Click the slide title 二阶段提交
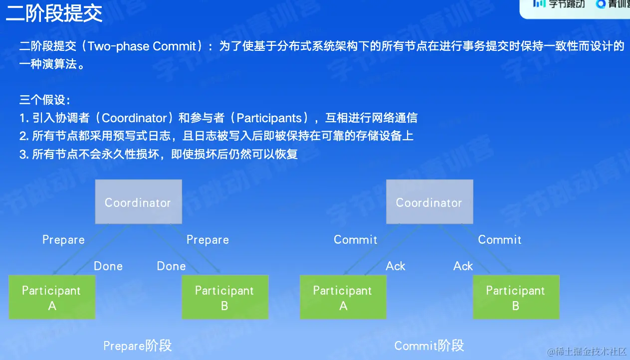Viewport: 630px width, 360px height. (x=54, y=13)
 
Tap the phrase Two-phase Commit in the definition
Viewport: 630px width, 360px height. (x=142, y=46)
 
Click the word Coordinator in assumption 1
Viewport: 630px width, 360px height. (x=135, y=118)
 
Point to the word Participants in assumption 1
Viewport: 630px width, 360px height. (x=269, y=118)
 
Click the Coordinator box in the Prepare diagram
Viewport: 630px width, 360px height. (x=138, y=202)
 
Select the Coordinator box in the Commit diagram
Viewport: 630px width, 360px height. (x=429, y=202)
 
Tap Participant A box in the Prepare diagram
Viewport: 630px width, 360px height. (x=52, y=297)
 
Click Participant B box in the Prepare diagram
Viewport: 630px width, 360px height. (x=225, y=297)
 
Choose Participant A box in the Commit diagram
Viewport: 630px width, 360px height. (x=343, y=297)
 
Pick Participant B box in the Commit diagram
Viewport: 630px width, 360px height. (x=516, y=297)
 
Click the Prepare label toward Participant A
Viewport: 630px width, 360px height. (x=63, y=240)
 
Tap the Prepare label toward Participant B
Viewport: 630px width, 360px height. (x=208, y=240)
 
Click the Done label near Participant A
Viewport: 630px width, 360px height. (x=108, y=266)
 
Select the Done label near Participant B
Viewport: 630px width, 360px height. (x=171, y=266)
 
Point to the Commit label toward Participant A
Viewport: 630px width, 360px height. (x=355, y=240)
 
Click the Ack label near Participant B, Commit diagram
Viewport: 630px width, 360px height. (x=463, y=266)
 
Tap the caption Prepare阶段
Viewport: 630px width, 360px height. (x=137, y=346)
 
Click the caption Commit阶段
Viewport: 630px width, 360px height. (x=429, y=346)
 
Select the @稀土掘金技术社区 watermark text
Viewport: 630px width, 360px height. (x=587, y=352)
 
